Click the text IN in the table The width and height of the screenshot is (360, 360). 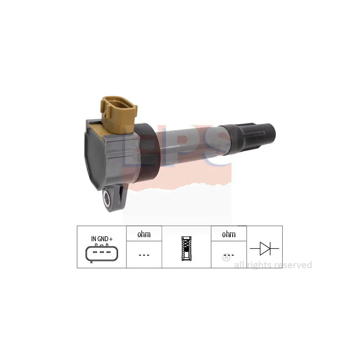pos(94,238)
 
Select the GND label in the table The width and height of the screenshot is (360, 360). pos(102,238)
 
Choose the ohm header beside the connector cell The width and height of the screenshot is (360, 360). pos(144,234)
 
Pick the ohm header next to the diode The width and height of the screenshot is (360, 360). pos(229,234)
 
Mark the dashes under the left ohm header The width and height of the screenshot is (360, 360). pos(144,255)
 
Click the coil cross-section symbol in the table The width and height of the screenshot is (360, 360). pos(186,248)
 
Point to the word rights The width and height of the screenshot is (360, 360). pos(259,265)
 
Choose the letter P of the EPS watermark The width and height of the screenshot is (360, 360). pos(171,144)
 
